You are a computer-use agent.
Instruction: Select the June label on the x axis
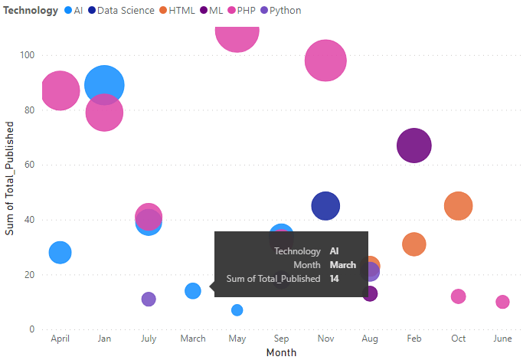tap(502, 339)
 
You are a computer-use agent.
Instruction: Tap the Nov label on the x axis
tap(325, 339)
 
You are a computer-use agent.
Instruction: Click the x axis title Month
tap(281, 352)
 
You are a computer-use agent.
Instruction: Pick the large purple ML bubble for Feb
tap(414, 146)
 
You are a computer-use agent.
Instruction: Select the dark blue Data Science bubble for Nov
tap(325, 205)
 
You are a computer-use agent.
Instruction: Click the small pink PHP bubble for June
tap(502, 302)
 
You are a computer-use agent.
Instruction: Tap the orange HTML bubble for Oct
tap(458, 206)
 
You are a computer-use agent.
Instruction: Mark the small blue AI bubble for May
tap(237, 310)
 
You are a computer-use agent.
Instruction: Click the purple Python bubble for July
tap(149, 299)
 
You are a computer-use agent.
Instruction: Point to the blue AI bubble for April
tap(60, 252)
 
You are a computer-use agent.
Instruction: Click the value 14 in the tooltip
tap(335, 279)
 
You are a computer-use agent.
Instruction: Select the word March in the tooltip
tap(342, 265)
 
